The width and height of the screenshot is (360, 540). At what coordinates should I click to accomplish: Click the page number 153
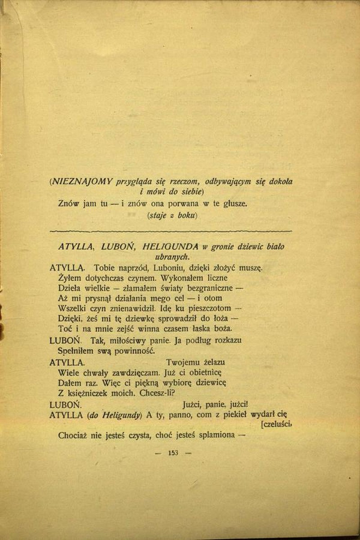[x=173, y=453]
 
